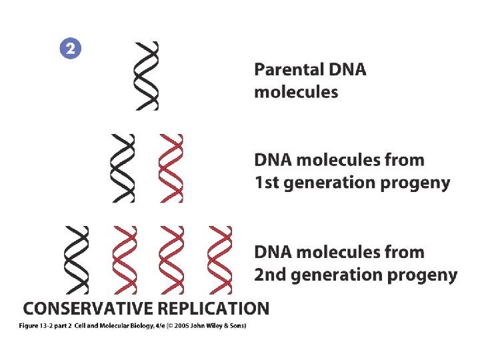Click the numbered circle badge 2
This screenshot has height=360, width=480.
[71, 49]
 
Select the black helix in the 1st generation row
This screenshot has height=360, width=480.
[123, 168]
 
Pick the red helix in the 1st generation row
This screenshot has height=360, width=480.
[171, 168]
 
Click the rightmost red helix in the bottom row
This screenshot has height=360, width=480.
[219, 260]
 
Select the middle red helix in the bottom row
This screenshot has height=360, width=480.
[171, 260]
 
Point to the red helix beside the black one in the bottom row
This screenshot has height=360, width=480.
[124, 260]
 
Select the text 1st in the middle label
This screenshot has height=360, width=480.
[267, 183]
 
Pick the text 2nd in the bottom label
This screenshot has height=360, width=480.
[269, 275]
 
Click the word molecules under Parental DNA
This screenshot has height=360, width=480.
[296, 92]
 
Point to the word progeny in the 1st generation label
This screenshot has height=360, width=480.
[421, 183]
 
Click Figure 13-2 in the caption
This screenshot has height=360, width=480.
[41, 325]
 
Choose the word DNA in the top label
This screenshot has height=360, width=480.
[347, 69]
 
